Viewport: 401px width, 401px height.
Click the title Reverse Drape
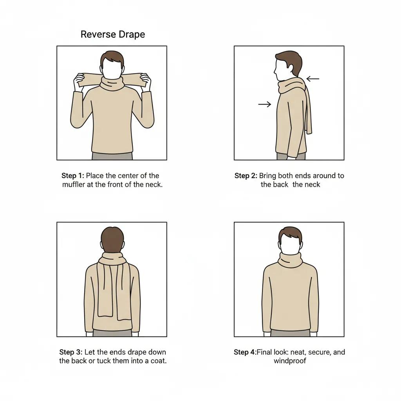pos(113,34)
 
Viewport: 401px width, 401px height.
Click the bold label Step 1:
pos(72,176)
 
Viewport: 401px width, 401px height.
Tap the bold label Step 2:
pos(246,176)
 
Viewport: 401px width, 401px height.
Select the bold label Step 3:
pos(71,352)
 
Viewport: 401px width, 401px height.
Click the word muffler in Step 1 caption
pos(73,184)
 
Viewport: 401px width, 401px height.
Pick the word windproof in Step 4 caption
pos(290,361)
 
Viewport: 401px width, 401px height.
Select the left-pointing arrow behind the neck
pos(313,79)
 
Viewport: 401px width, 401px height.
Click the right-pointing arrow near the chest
pos(264,104)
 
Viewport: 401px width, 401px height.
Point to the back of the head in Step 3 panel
pos(112,240)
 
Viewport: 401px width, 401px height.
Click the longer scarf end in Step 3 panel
pos(123,291)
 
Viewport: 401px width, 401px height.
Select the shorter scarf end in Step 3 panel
pos(105,289)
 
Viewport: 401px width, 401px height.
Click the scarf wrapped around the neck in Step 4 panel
pos(290,260)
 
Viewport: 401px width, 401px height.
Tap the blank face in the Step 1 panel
pos(112,69)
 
